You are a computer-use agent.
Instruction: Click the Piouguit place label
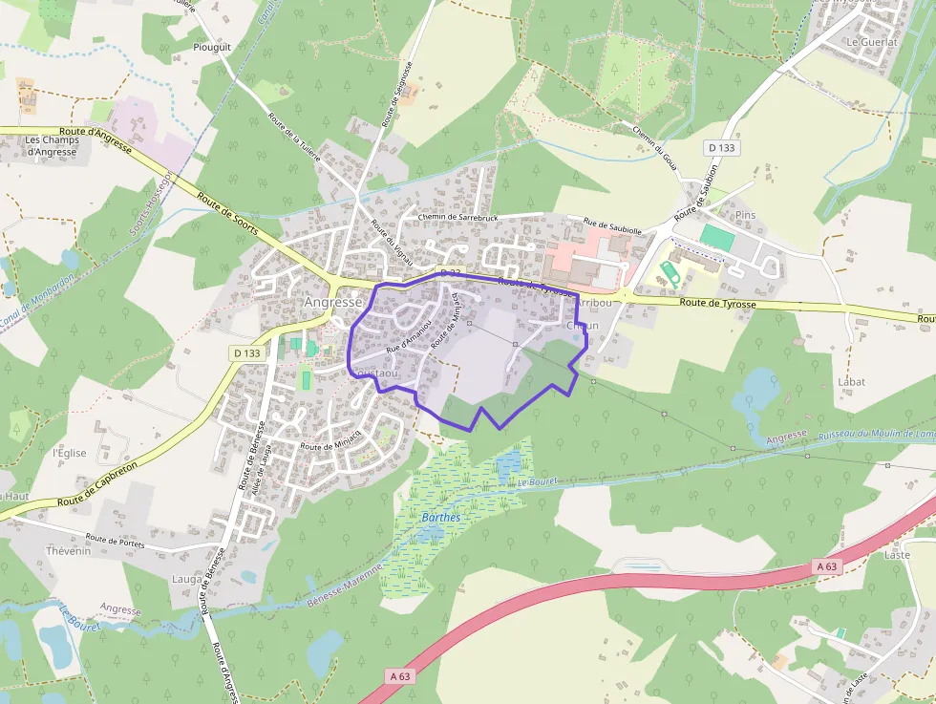(212, 46)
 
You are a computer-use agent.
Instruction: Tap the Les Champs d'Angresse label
(53, 145)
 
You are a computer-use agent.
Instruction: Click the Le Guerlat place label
(872, 43)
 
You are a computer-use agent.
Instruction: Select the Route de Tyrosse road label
(718, 303)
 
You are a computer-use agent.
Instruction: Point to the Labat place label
(851, 382)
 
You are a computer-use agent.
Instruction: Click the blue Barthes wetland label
(440, 518)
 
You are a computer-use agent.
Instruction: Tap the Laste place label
(897, 554)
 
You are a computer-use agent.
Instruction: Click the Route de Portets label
(114, 540)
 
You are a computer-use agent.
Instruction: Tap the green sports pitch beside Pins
(716, 238)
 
